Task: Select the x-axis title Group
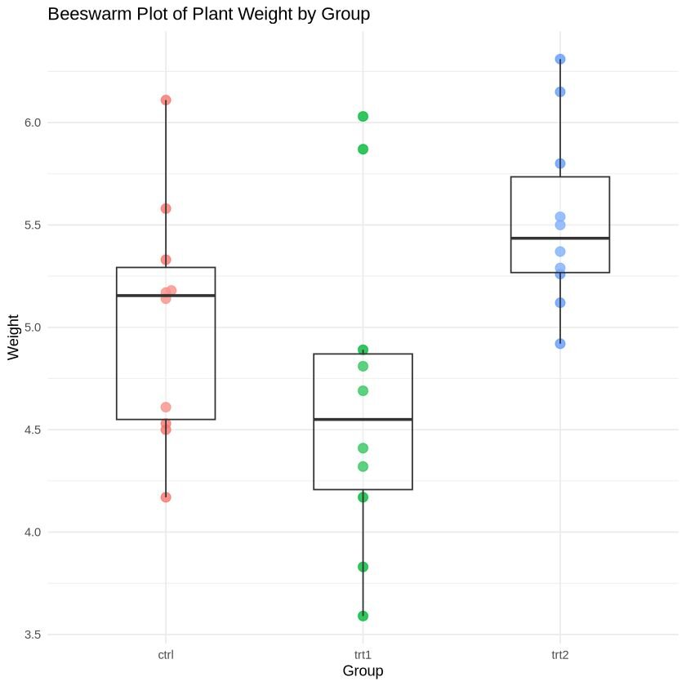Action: click(x=363, y=670)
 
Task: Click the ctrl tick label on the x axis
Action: click(x=166, y=654)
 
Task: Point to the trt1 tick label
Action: click(x=363, y=654)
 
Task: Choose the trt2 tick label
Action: click(x=560, y=654)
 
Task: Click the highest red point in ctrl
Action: click(x=166, y=100)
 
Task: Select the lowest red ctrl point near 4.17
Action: click(x=166, y=497)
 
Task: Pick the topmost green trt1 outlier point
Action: click(x=363, y=117)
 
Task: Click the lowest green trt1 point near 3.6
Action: click(x=363, y=616)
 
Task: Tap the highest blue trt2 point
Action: click(x=560, y=59)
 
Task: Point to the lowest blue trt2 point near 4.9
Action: click(x=560, y=344)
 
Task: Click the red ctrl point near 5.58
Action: click(x=166, y=208)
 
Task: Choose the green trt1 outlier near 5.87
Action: click(x=363, y=149)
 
